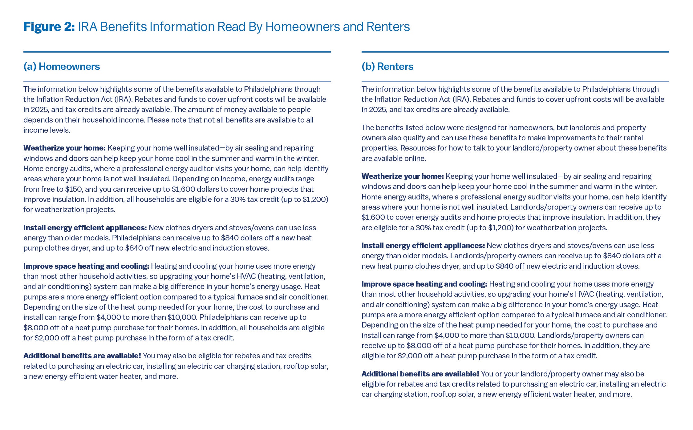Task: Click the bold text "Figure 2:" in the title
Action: (49, 27)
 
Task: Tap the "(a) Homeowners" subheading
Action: (62, 66)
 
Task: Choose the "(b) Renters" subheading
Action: (387, 66)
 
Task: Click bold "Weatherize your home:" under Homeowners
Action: (64, 148)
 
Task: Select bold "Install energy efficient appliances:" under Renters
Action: (423, 246)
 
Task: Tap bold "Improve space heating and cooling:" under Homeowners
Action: (86, 266)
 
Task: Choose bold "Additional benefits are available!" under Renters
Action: (420, 374)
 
